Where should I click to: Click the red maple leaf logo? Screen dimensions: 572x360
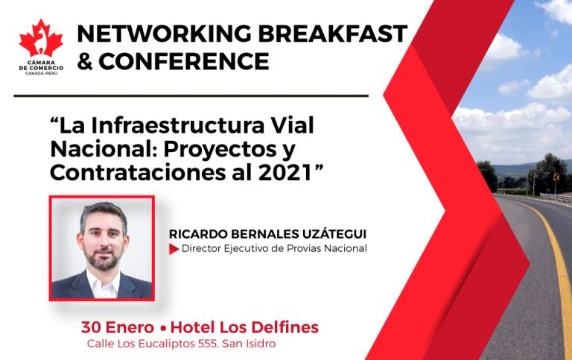click(41, 39)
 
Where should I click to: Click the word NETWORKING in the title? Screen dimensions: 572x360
click(164, 34)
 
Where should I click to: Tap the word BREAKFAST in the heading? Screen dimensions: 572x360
click(333, 34)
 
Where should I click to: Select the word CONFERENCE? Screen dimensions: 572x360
click(184, 61)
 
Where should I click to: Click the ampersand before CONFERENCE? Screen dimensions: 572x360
click(85, 61)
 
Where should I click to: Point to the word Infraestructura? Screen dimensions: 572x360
click(177, 125)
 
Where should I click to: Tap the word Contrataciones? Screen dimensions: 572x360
click(138, 173)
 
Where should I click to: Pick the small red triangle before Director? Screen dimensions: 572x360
click(174, 249)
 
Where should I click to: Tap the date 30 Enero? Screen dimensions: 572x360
click(118, 327)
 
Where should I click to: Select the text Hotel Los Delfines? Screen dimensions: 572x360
click(244, 327)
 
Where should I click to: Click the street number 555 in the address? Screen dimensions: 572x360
click(208, 344)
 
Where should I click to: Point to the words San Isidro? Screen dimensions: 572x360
click(250, 344)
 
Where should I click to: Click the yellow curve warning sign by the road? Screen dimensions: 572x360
click(556, 177)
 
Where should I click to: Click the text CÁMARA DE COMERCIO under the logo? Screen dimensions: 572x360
click(41, 66)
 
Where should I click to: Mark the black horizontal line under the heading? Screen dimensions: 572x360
click(191, 96)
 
